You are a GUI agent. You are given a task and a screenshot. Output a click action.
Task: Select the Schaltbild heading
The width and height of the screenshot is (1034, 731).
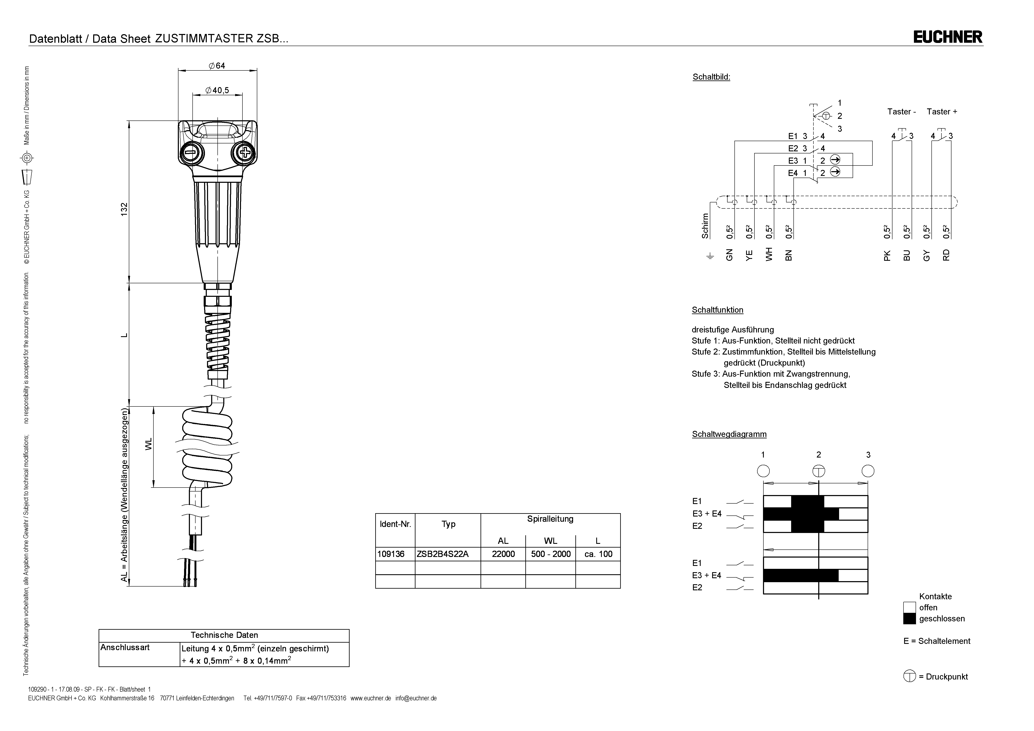(711, 77)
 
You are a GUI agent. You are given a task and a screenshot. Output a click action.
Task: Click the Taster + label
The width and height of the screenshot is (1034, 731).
(942, 112)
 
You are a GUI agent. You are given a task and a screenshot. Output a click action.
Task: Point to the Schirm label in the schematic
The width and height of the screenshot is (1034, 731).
(705, 226)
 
